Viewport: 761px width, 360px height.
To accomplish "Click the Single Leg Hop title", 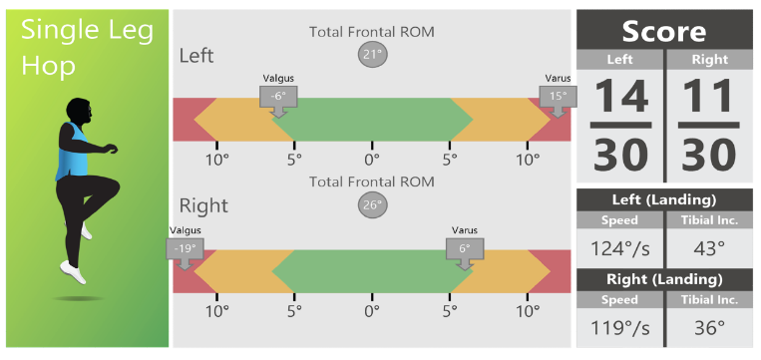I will coord(88,50).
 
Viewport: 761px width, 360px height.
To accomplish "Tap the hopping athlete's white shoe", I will coord(71,270).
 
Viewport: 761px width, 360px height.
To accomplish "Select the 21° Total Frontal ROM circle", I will coord(372,54).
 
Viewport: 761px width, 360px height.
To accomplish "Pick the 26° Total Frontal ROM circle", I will coord(372,204).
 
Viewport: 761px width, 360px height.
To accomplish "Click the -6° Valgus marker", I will coord(278,97).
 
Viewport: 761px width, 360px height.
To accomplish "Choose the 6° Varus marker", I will coord(465,249).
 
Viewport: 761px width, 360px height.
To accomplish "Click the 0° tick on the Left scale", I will coord(372,160).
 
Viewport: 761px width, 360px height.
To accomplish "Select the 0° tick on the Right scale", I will coord(372,311).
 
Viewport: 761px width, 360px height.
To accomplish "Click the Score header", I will coord(664,30).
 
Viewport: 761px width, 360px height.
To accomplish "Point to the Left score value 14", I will coord(620,97).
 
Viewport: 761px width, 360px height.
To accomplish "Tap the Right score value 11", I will coord(708,97).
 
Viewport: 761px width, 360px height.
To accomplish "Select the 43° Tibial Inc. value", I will coord(708,248).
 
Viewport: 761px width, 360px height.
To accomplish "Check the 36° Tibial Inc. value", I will coord(708,326).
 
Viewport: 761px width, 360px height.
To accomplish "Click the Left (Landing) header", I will coord(664,198).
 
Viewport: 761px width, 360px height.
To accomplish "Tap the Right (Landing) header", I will coord(664,278).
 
